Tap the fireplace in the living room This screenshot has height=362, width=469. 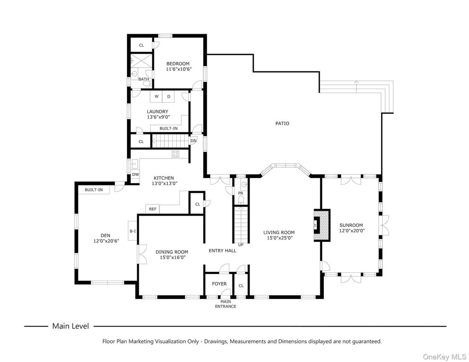322,225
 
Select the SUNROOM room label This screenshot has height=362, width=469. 351,225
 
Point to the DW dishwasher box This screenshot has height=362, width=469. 135,174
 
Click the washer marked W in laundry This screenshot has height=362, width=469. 156,96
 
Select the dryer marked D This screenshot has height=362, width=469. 169,96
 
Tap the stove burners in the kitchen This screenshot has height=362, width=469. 175,154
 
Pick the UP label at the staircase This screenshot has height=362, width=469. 241,245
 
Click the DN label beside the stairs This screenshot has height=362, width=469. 193,140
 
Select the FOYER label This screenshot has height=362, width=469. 219,284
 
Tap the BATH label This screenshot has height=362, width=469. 144,79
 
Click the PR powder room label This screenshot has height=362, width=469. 241,193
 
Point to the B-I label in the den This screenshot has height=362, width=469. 133,231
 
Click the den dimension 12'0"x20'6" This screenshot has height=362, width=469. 105,241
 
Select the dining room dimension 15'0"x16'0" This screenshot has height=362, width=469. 172,258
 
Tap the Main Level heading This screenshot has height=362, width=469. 71,326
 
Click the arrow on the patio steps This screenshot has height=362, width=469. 356,83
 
